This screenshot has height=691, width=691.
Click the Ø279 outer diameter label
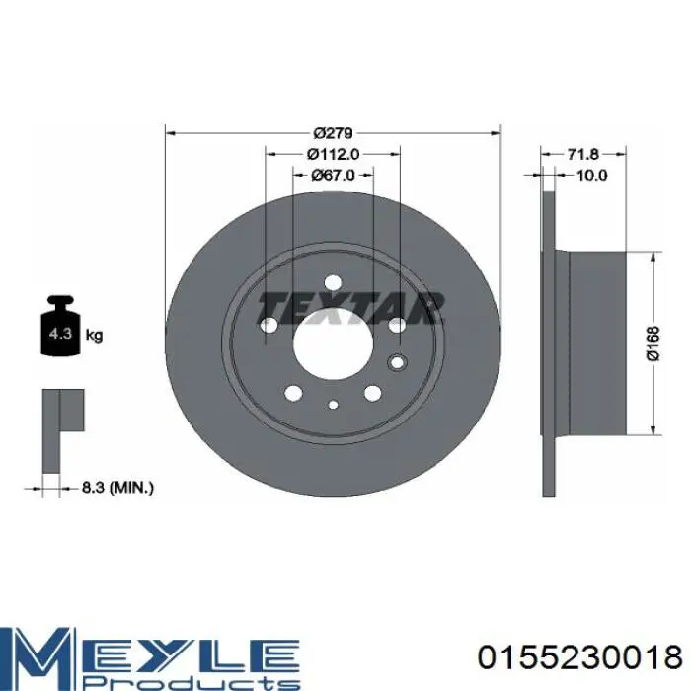pyautogui.click(x=334, y=132)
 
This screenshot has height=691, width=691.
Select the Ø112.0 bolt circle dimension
pyautogui.click(x=334, y=154)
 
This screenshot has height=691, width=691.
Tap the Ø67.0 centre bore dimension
pyautogui.click(x=334, y=175)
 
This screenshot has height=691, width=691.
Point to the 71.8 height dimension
pyautogui.click(x=582, y=154)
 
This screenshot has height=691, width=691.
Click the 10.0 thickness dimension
pyautogui.click(x=592, y=175)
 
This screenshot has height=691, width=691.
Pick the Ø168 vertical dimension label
pyautogui.click(x=653, y=344)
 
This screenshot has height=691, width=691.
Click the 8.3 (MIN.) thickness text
pyautogui.click(x=117, y=488)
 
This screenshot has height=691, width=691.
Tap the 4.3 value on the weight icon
pyautogui.click(x=60, y=333)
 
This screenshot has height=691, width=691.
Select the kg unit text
pyautogui.click(x=94, y=336)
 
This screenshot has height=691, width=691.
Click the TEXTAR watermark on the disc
pyautogui.click(x=350, y=307)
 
